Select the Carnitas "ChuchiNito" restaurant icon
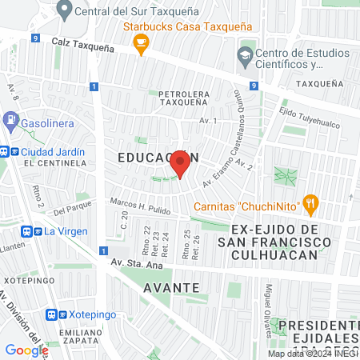(x=312, y=205)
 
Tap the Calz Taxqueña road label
(x=83, y=43)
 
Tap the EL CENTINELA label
(x=54, y=162)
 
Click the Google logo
(x=26, y=350)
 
